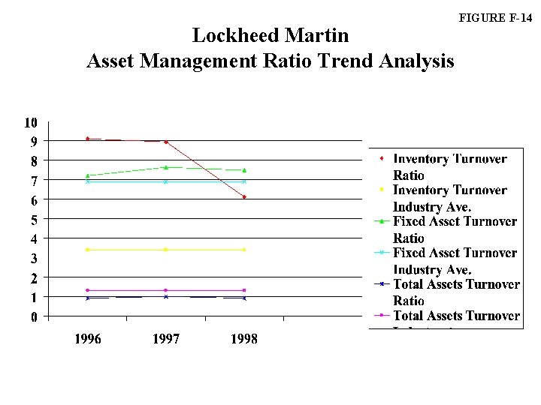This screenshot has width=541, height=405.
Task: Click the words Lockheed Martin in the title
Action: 270,35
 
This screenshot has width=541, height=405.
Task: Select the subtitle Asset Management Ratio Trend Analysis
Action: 270,61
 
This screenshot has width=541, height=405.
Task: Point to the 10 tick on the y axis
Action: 31,122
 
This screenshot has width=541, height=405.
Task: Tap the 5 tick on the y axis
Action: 34,220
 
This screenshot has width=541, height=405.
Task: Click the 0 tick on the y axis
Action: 34,318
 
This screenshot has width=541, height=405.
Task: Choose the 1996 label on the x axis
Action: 87,339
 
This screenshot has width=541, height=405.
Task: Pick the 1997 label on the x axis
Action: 166,339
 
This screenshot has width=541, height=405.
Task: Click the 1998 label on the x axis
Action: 244,339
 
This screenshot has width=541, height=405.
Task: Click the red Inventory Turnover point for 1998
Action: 244,197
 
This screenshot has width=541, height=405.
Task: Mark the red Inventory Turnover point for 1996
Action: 88,139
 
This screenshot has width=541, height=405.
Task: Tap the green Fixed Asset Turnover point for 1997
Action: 166,167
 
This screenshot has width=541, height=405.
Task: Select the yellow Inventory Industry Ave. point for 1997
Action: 166,250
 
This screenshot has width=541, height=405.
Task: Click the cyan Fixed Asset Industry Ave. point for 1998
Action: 244,181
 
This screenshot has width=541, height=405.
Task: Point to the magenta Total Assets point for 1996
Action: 88,290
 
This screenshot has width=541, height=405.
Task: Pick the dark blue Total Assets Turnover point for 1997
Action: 166,297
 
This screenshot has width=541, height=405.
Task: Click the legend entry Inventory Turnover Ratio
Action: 449,166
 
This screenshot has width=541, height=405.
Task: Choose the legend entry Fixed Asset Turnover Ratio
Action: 455,229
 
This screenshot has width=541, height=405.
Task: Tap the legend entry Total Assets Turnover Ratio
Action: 455,292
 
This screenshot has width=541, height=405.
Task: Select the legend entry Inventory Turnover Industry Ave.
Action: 449,198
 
